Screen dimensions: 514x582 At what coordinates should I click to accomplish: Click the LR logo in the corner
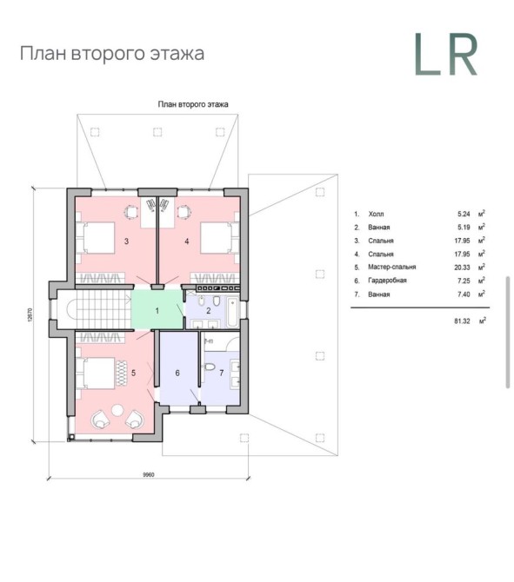pos(445,54)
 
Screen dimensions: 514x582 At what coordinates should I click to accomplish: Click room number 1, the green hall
pos(157,310)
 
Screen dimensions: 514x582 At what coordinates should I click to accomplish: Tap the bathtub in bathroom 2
pos(233,311)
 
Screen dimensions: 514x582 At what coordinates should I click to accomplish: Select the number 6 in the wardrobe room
pos(177,373)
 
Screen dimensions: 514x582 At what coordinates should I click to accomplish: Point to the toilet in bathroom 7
pos(210,367)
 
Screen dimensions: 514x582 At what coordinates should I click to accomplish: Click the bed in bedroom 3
pos(96,238)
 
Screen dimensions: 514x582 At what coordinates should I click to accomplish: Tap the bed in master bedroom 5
pos(96,373)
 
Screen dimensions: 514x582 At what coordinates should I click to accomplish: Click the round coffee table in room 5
pos(117,410)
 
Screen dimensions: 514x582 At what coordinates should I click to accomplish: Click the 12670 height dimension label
pos(30,314)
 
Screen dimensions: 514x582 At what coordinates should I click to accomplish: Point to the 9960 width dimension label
pos(149,475)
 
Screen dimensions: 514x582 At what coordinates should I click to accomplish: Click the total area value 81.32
pos(462,321)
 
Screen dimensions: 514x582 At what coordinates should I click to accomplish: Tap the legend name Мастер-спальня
pos(391,267)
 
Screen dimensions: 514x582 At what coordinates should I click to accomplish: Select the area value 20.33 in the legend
pos(462,268)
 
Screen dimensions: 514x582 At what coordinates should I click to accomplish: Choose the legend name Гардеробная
pos(387,281)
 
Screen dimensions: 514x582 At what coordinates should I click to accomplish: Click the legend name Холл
pos(376,214)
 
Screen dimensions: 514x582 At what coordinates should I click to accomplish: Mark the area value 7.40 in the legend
pos(464,294)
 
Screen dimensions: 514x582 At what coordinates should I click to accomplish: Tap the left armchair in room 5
pos(100,419)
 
